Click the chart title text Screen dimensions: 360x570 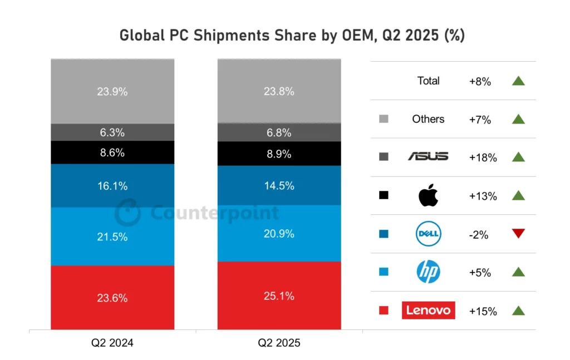pos(292,35)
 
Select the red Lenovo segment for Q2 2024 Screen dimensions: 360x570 pos(112,298)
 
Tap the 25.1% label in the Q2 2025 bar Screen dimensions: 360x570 pos(279,296)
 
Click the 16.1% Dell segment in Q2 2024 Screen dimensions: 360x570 pos(112,186)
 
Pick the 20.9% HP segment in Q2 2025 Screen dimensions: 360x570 pos(279,233)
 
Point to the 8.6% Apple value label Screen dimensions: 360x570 pos(112,152)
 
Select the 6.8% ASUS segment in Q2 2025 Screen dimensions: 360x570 pos(279,132)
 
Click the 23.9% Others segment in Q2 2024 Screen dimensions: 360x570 pos(112,91)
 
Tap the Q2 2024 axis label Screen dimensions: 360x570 pos(112,343)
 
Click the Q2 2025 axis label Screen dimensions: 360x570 pos(279,343)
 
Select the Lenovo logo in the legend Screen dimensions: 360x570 pos(428,310)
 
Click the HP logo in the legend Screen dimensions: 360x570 pos(428,272)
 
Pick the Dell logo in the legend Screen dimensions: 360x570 pos(428,234)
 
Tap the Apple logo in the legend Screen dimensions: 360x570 pos(428,195)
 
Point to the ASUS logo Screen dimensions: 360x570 pos(428,157)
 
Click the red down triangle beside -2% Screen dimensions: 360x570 pos(518,234)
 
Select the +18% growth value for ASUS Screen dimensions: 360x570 pos(483,157)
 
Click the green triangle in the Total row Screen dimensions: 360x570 pos(518,81)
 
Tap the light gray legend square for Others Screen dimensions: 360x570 pos(383,119)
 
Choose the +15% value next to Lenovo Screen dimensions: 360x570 pos(483,311)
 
